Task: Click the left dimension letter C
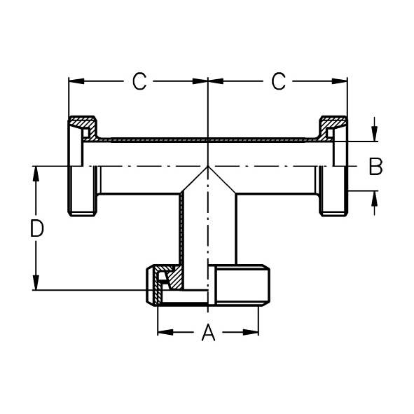click(x=139, y=81)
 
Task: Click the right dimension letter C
click(x=278, y=81)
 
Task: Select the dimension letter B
click(x=375, y=167)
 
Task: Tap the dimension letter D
click(x=36, y=228)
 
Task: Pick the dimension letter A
click(x=208, y=332)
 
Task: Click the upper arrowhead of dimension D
click(x=36, y=174)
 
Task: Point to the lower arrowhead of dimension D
click(x=36, y=282)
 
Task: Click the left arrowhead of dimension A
click(x=165, y=332)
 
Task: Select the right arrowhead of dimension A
click(x=251, y=332)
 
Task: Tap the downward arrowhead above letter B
click(x=374, y=134)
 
